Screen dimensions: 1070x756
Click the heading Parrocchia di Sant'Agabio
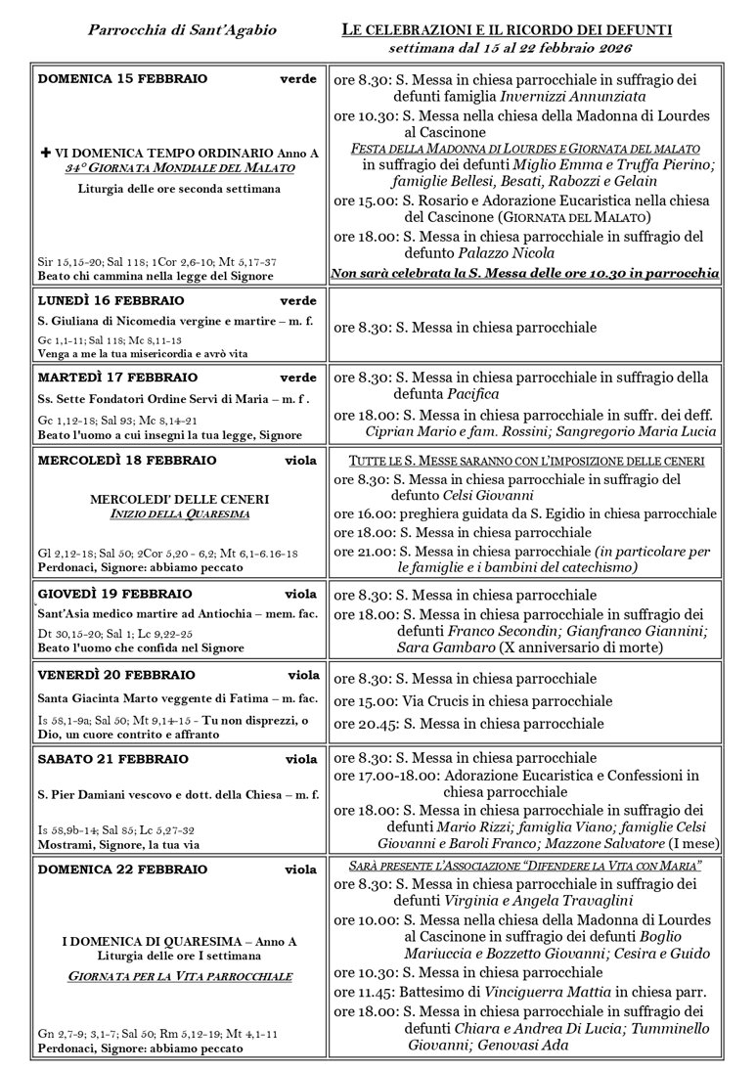pos(182,30)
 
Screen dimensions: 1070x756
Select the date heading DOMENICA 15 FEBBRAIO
pos(122,78)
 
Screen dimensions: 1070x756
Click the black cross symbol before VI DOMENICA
pos(45,154)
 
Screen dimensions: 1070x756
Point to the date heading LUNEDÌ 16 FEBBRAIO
pos(117,300)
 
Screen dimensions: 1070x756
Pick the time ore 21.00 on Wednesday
pos(365,552)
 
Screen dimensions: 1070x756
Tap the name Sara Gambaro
pos(442,647)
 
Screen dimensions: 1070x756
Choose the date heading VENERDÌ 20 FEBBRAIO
pos(116,675)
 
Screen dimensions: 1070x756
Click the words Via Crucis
pos(435,701)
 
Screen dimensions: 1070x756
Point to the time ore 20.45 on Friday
pos(365,724)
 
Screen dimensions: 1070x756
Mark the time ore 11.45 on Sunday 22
pos(365,991)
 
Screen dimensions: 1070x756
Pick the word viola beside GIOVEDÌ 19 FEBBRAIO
pos(300,594)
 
